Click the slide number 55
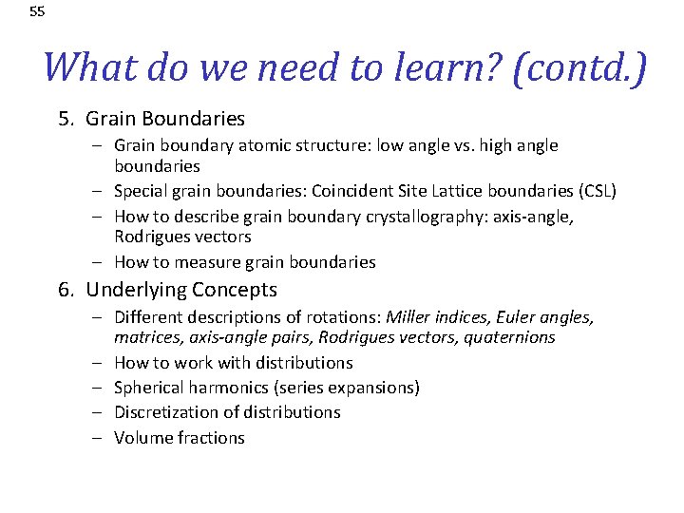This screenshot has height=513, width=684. click(x=37, y=12)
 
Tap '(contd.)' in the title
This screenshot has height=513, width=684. click(x=579, y=67)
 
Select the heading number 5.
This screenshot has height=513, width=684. click(x=65, y=119)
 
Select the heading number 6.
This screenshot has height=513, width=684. click(x=65, y=290)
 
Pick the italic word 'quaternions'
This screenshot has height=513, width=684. click(x=511, y=337)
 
